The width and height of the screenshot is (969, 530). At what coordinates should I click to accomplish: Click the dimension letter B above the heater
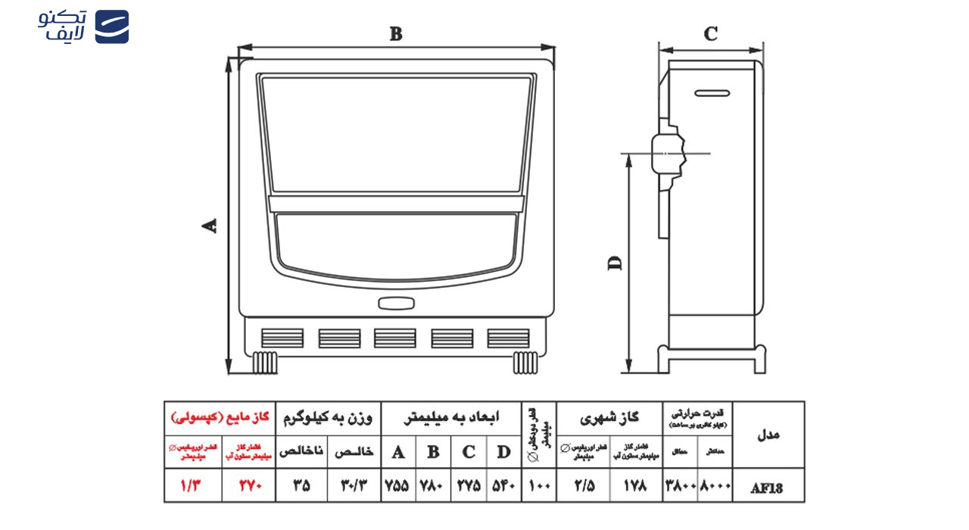[x=396, y=34]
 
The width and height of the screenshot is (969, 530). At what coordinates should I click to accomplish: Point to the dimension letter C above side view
[x=710, y=34]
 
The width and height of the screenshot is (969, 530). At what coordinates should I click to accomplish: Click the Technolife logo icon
[x=111, y=26]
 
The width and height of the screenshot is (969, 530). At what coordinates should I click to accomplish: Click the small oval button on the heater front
[x=397, y=304]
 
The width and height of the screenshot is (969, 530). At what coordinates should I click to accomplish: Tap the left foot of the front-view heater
[x=264, y=363]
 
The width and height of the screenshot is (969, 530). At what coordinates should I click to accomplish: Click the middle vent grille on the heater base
[x=394, y=338]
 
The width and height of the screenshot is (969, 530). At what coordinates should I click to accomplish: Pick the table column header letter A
[x=398, y=453]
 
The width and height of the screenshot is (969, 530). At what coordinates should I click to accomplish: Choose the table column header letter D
[x=503, y=453]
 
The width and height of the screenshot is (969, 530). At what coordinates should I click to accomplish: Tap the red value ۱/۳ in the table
[x=192, y=485]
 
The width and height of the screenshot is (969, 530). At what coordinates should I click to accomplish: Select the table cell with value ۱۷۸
[x=636, y=485]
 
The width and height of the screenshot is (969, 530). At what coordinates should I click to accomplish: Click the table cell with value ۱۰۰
[x=539, y=485]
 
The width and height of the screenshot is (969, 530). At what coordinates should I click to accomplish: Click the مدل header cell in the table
[x=768, y=435]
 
